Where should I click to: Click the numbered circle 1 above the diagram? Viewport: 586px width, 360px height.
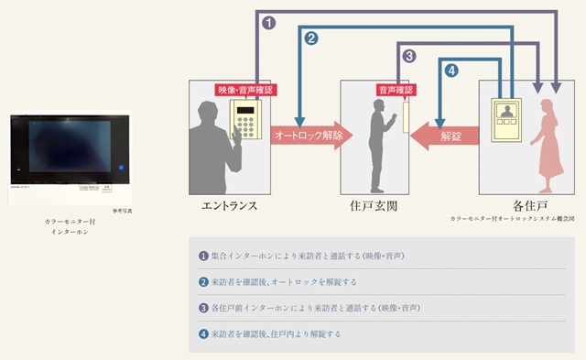[x=268, y=22]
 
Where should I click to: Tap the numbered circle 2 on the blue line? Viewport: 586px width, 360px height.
[x=311, y=38]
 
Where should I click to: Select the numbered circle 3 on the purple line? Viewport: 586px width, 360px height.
[x=410, y=56]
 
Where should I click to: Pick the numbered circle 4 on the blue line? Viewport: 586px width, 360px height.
[x=450, y=70]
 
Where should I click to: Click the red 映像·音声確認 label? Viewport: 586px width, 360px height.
[x=245, y=90]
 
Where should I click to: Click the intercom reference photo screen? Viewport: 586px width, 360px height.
[x=64, y=150]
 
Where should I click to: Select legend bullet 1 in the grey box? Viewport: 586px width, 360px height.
[x=203, y=254]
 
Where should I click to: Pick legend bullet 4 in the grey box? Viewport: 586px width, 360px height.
[x=203, y=333]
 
